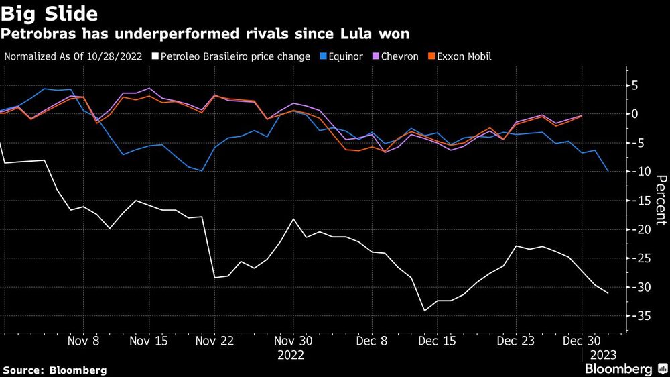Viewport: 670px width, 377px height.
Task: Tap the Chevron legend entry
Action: click(400, 56)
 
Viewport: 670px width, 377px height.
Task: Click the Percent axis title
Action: click(661, 199)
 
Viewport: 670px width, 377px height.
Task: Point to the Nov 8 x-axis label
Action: click(84, 341)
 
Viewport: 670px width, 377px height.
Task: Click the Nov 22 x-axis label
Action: click(215, 341)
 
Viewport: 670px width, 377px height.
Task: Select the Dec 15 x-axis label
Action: click(438, 341)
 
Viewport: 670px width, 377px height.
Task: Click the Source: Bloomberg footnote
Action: click(55, 370)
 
